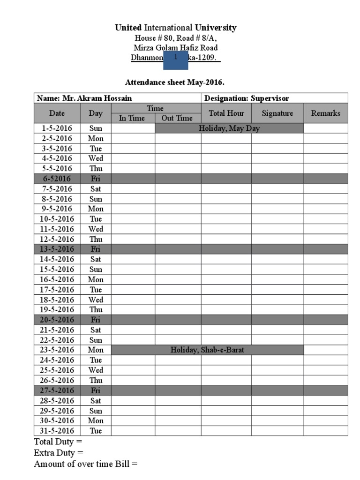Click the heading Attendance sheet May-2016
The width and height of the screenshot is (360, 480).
175,83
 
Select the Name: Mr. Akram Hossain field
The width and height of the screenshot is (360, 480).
84,98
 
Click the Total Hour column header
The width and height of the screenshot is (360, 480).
226,113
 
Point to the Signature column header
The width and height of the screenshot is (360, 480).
277,113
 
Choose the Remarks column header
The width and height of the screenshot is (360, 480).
326,113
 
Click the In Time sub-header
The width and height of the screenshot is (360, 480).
132,118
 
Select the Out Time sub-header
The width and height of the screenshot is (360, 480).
177,118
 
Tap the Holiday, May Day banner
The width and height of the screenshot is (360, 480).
229,128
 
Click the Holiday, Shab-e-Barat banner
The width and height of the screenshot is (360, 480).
207,350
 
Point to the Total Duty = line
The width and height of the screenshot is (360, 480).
58,442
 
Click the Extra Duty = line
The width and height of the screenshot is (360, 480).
59,453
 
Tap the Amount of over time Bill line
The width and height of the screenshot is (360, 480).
86,464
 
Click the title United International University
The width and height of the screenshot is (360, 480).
176,28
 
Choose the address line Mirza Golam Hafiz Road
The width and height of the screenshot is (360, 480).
176,48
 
